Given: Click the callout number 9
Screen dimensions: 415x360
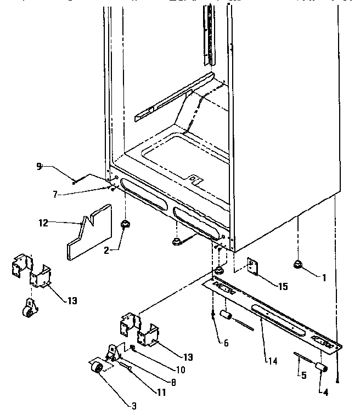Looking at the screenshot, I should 39,167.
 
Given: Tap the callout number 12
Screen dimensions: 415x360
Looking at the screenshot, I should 43,223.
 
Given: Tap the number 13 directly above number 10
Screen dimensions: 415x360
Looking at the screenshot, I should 188,357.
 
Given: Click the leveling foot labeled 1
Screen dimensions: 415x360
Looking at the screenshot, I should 300,265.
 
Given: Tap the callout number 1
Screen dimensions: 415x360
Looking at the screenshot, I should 324,278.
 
